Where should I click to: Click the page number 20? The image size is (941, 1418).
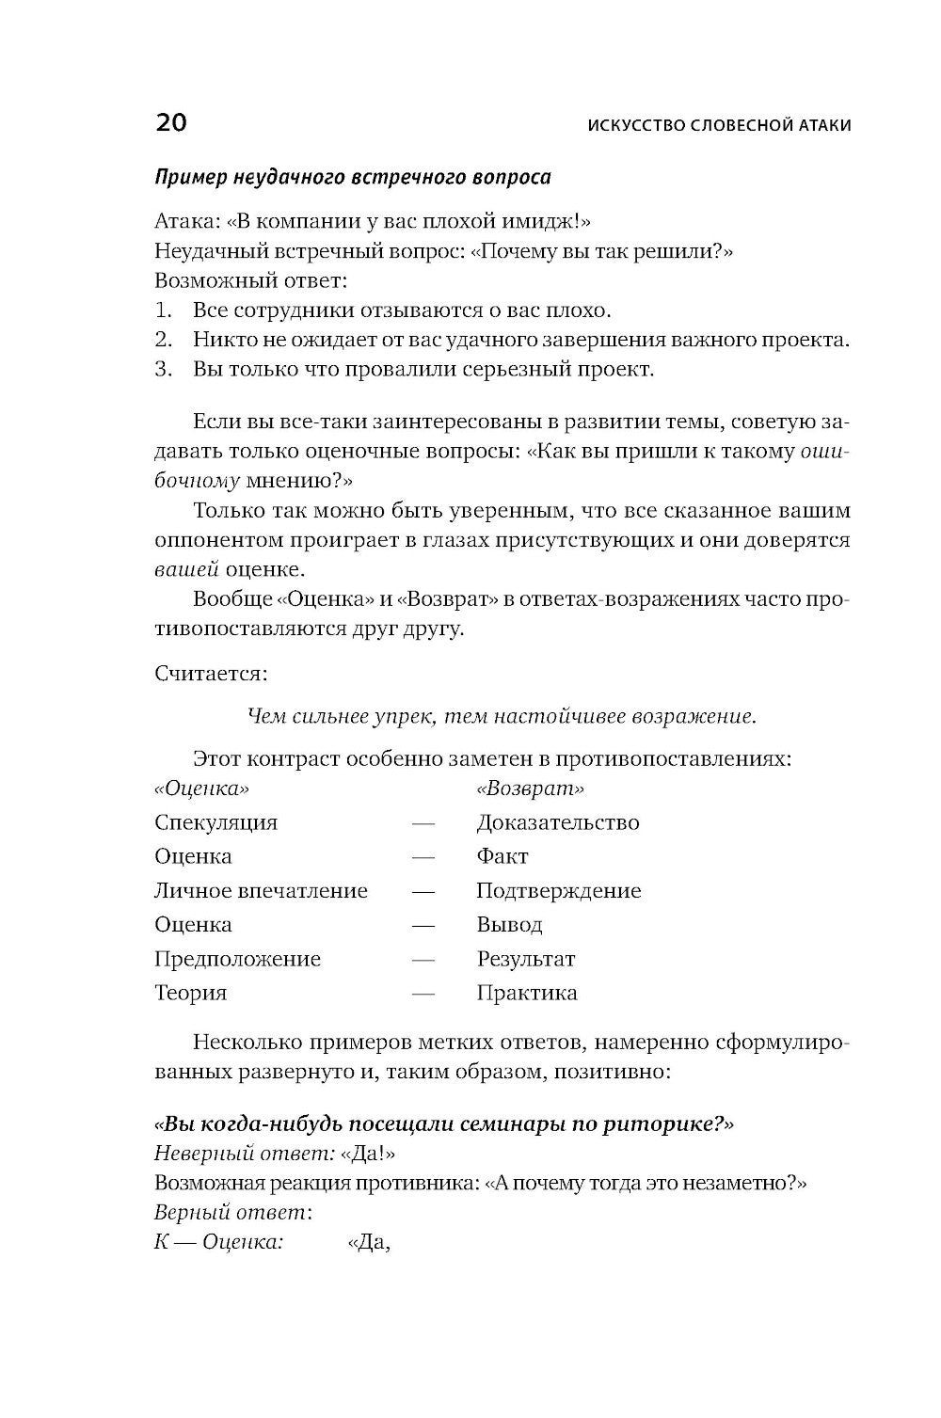click(x=170, y=123)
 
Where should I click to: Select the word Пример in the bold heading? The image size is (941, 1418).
click(x=189, y=177)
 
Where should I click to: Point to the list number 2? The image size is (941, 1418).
click(x=164, y=339)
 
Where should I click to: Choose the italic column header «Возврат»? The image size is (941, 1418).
click(x=530, y=788)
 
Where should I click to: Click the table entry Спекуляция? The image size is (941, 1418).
click(x=215, y=822)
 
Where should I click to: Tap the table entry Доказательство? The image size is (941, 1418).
click(x=557, y=822)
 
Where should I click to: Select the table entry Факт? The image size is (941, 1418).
click(x=502, y=856)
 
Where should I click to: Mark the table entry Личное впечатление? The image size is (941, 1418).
click(x=261, y=890)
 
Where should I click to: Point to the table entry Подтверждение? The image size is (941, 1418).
click(x=558, y=890)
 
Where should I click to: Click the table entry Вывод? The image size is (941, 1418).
click(x=509, y=925)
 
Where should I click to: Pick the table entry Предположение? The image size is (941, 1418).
click(x=237, y=959)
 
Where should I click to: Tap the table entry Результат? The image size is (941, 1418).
click(x=525, y=959)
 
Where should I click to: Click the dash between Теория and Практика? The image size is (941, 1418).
click(x=423, y=994)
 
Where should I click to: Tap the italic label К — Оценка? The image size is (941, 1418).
click(x=218, y=1242)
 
